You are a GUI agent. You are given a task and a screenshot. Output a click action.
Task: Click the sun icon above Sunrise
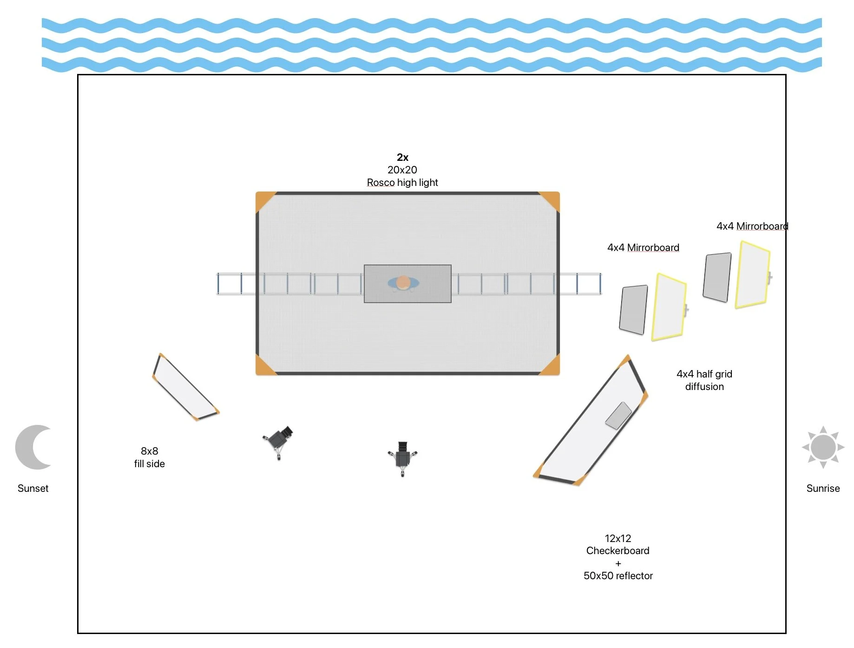coord(823,447)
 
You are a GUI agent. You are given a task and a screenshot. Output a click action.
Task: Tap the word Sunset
coord(33,488)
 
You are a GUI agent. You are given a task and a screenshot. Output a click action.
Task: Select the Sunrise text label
coord(823,488)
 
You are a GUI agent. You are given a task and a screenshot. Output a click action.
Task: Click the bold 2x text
coord(402,157)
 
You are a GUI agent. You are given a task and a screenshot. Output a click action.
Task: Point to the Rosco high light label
coord(402,182)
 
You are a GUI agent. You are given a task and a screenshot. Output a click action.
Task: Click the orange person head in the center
coord(403,282)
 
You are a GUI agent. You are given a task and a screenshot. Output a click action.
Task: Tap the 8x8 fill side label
coord(149,457)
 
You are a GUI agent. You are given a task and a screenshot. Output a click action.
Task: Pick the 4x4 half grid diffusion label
coord(704,380)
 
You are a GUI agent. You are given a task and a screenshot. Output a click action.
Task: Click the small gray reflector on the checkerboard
coord(618,415)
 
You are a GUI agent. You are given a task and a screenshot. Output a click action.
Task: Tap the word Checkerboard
coord(618,551)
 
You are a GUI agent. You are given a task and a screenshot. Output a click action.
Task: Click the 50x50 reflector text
coord(618,576)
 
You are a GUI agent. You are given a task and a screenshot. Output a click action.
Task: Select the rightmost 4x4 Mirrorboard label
coord(752,226)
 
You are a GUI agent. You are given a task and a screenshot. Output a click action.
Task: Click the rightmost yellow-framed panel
coord(752,275)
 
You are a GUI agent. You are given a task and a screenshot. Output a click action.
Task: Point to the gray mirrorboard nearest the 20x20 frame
coord(633,310)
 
